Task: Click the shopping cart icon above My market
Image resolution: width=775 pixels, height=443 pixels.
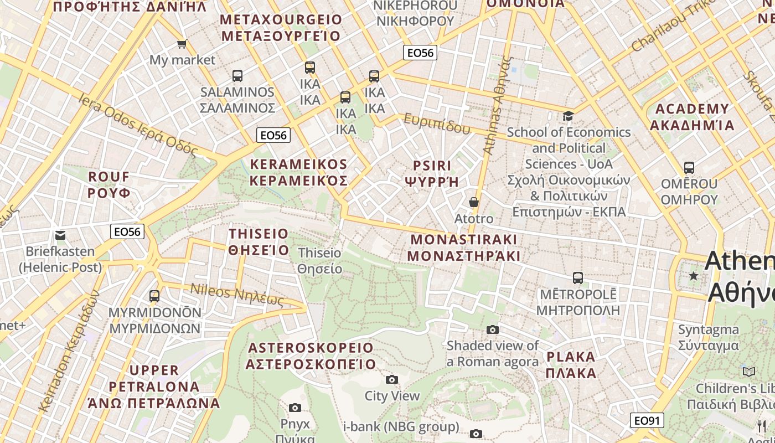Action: (x=182, y=44)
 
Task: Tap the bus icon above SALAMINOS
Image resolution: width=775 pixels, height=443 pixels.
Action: (x=237, y=76)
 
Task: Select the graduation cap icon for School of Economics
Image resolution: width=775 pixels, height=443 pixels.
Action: (x=568, y=116)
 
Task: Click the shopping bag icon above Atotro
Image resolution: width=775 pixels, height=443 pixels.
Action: (x=473, y=202)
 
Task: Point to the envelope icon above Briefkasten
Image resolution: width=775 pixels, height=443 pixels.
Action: (x=60, y=235)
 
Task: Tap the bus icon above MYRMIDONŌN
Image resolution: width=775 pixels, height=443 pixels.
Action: (x=154, y=296)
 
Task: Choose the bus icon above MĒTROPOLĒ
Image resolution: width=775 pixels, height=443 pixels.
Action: (x=578, y=277)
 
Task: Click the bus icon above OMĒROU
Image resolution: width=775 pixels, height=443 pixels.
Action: (x=689, y=167)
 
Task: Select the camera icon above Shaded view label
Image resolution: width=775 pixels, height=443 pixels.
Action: (x=492, y=329)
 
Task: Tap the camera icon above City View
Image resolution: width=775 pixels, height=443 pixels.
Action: (x=392, y=379)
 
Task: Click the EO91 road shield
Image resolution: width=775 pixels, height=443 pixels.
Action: (x=647, y=421)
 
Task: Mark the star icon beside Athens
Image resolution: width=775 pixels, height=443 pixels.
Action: (x=693, y=275)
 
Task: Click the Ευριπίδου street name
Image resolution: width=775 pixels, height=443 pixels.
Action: (x=437, y=124)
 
